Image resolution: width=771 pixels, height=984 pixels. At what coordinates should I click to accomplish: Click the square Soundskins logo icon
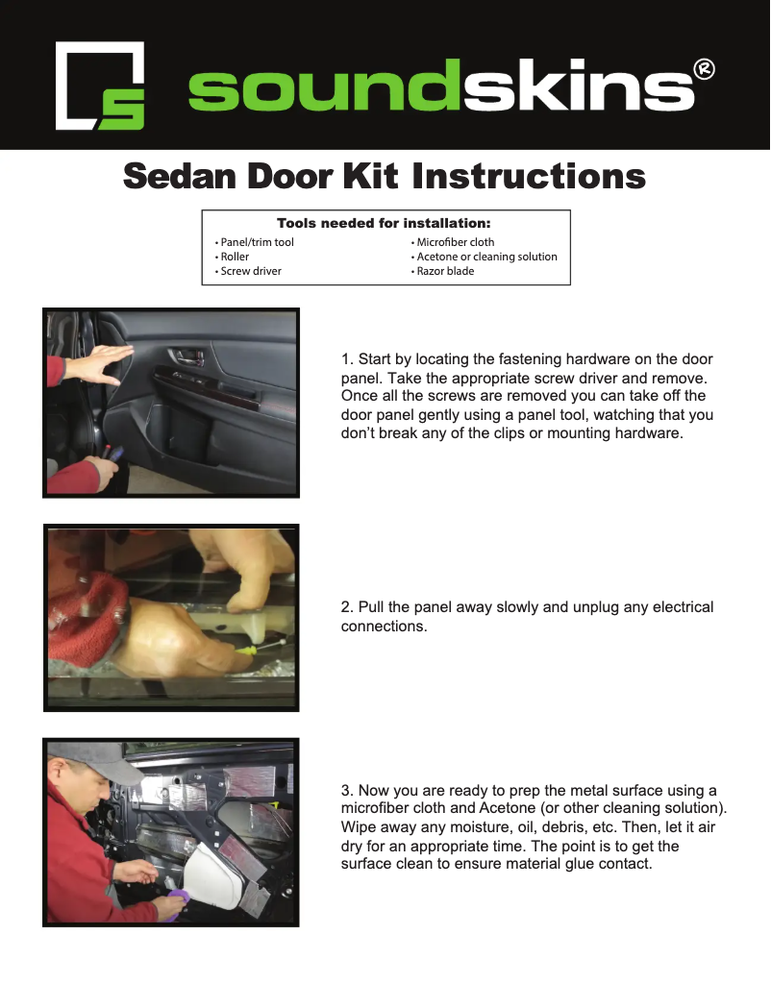tap(100, 86)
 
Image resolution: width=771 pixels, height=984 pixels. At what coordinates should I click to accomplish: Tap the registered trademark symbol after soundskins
tap(704, 69)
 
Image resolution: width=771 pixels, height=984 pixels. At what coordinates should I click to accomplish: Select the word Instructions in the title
tap(529, 177)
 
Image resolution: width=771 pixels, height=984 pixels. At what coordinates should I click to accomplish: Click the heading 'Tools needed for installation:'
tap(384, 223)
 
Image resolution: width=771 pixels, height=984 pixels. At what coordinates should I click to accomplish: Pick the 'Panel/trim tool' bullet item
tap(257, 242)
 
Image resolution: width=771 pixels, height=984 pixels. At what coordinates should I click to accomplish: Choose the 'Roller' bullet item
tap(235, 257)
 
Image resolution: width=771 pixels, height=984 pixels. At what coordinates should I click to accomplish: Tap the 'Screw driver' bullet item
tap(251, 271)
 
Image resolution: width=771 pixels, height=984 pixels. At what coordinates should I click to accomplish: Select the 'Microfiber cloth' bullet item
tap(455, 242)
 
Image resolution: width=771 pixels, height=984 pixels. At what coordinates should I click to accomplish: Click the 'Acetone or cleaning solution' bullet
tap(486, 257)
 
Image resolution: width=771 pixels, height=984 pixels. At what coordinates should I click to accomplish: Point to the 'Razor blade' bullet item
tap(445, 271)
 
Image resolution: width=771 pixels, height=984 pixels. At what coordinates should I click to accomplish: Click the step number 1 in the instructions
tap(346, 359)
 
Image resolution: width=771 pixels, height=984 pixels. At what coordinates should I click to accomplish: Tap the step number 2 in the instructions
tap(346, 607)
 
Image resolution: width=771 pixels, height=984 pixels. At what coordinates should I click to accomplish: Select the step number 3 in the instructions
tap(346, 791)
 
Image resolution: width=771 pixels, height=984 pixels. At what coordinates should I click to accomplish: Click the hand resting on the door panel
tap(96, 363)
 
